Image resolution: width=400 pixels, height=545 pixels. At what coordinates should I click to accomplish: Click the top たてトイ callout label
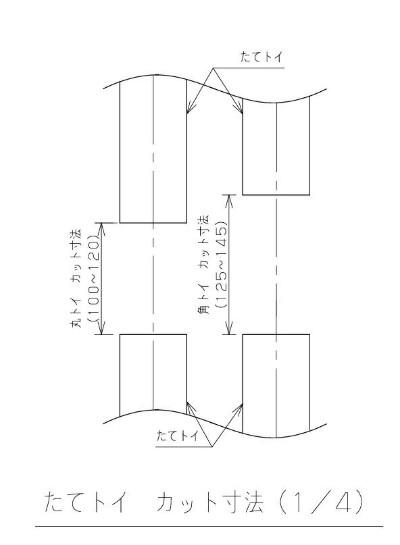pyautogui.click(x=261, y=57)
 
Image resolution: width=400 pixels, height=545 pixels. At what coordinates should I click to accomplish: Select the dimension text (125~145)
pyautogui.click(x=221, y=263)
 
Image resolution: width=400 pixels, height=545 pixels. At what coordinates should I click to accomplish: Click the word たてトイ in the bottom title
pyautogui.click(x=84, y=502)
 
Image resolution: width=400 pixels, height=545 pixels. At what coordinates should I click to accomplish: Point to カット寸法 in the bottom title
pyautogui.click(x=209, y=502)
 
